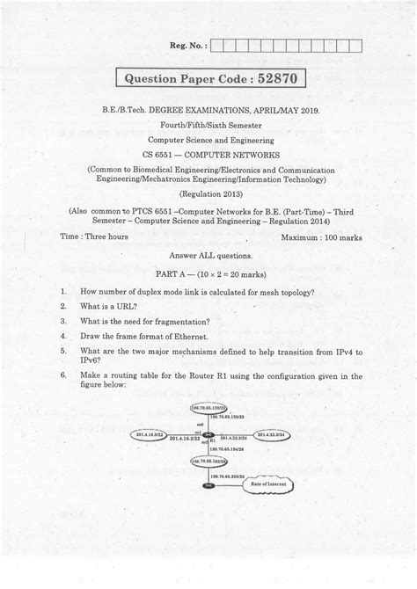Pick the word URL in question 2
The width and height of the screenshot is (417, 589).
122,307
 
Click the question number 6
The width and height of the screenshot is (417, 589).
64,374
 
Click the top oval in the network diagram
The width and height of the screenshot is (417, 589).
208,408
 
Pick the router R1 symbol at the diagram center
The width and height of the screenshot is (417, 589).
208,435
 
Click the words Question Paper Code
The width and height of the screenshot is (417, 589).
183,80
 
